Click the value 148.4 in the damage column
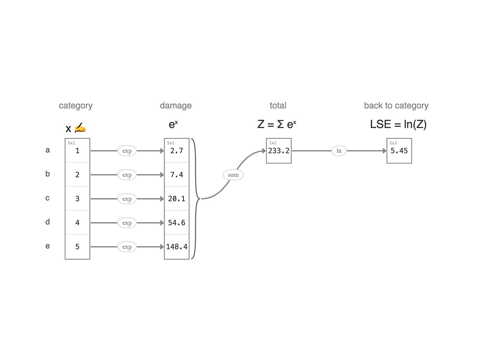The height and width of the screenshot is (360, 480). tap(176, 247)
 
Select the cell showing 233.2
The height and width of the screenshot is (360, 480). tap(279, 151)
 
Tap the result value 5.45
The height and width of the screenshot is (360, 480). tap(399, 151)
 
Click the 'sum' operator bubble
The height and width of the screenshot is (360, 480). tap(233, 175)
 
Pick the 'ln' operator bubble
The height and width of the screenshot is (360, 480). tap(339, 151)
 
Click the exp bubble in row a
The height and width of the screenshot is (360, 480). tap(127, 151)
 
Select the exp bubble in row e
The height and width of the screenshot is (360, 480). tap(127, 247)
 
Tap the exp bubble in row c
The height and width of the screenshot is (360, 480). tap(127, 199)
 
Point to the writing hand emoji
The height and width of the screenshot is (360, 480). tap(80, 128)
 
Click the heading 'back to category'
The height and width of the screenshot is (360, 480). tap(396, 105)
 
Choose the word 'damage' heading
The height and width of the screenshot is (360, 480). tap(176, 105)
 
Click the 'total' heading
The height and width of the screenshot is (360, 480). tap(278, 105)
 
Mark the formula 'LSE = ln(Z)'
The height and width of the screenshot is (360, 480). tap(398, 124)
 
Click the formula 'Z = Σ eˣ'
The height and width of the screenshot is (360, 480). tap(277, 124)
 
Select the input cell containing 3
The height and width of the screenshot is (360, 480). tap(77, 198)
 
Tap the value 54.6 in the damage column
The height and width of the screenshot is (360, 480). tap(176, 223)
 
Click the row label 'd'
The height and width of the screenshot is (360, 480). tap(47, 222)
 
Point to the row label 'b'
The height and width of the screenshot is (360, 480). tap(47, 174)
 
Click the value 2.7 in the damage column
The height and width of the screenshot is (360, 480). tap(176, 151)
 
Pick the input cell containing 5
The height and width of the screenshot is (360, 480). tap(77, 247)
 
